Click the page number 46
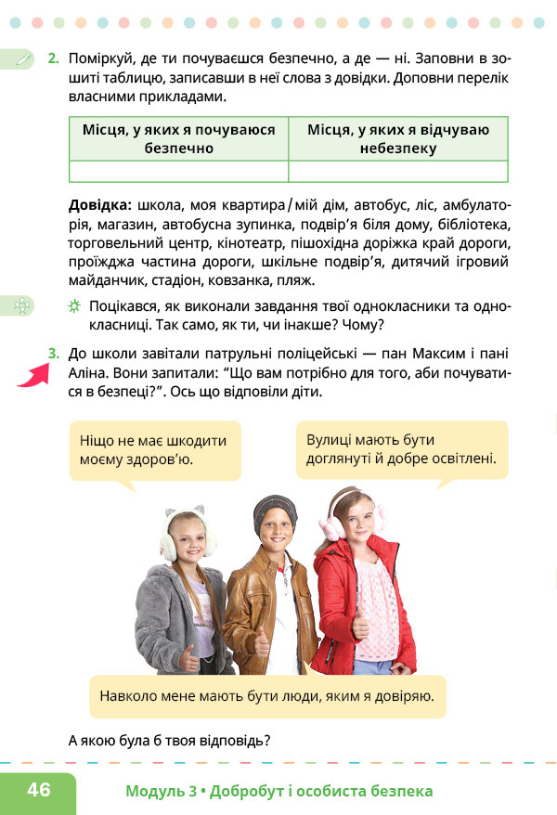coord(39,790)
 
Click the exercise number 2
coord(53,58)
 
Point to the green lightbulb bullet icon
coord(74,307)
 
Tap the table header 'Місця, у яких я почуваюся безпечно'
coord(179,138)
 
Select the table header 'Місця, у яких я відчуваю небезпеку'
coord(398,138)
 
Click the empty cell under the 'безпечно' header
coord(179,172)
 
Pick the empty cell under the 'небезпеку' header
coord(398,172)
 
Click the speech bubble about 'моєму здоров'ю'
coord(154,449)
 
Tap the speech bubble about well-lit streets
coord(401,449)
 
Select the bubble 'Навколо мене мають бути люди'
coord(267,695)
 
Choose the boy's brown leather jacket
coord(249,603)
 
